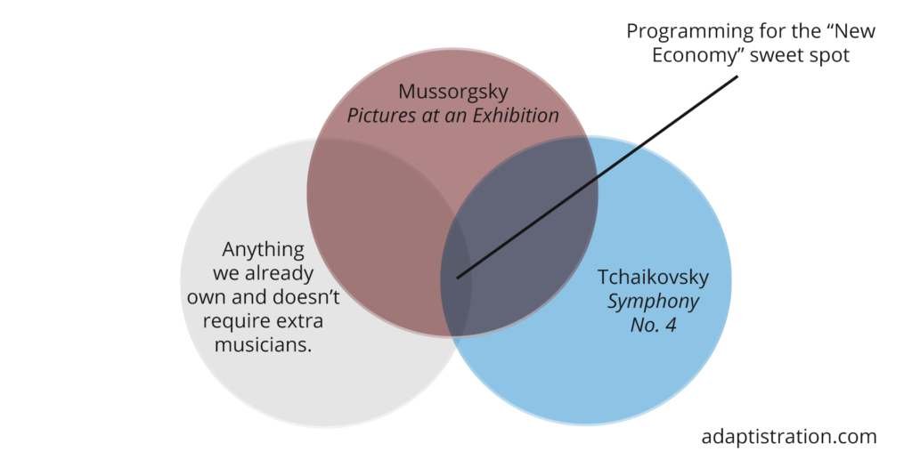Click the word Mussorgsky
pyautogui.click(x=452, y=92)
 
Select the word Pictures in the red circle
pyautogui.click(x=378, y=116)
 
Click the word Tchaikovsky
pyautogui.click(x=653, y=278)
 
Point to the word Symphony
pyautogui.click(x=653, y=302)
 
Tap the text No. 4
pyautogui.click(x=653, y=326)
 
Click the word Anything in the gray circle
pyautogui.click(x=263, y=250)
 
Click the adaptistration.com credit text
pyautogui.click(x=789, y=437)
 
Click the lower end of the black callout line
pyautogui.click(x=458, y=278)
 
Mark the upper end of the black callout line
pyautogui.click(x=738, y=77)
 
